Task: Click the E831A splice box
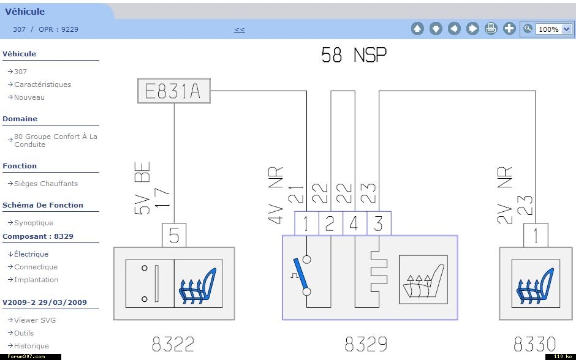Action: click(174, 91)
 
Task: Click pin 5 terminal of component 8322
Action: click(174, 235)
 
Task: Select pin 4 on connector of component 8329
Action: click(354, 223)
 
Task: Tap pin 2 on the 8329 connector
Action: click(330, 223)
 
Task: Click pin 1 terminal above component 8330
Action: click(536, 235)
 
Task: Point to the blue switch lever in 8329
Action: click(301, 274)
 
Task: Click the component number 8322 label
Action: click(173, 344)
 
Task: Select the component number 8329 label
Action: click(366, 344)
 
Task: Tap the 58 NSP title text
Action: click(354, 55)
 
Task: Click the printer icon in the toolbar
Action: click(491, 28)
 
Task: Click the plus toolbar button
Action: click(509, 28)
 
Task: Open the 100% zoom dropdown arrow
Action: click(567, 29)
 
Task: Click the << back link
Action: click(240, 30)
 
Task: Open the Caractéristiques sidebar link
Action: click(43, 84)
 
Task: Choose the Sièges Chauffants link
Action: click(46, 184)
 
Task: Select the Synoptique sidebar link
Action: click(34, 223)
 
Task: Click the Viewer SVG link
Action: click(35, 320)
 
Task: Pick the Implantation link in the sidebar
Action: click(36, 280)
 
